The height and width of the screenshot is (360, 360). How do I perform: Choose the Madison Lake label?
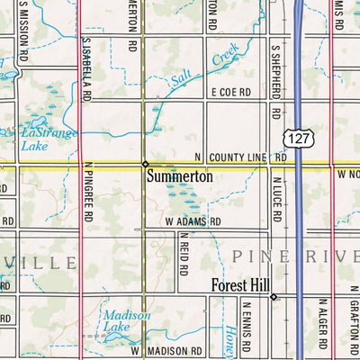[120, 321]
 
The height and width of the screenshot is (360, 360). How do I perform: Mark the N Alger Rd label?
[322, 323]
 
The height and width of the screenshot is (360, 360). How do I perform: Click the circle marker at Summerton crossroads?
[144, 164]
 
